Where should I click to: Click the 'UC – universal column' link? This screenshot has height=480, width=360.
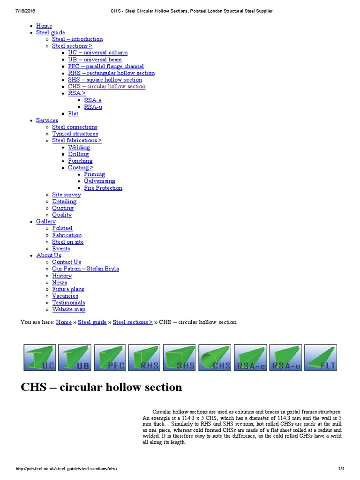coord(97,52)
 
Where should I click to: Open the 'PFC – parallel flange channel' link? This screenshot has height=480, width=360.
coord(105,66)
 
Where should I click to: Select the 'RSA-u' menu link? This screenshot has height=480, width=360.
coord(93,107)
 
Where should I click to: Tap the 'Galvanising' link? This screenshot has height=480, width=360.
coord(99,181)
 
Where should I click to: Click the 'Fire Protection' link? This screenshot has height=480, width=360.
coord(103,188)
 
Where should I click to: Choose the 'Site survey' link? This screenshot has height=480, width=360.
coord(66,195)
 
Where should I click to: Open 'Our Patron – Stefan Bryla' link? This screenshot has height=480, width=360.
coord(85,269)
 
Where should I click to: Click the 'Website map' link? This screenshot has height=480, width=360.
coord(68,309)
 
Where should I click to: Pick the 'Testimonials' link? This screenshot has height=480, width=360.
coord(68,302)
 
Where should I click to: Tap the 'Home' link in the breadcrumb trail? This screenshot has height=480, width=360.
coord(64,322)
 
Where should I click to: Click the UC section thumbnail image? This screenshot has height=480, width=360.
coord(40,358)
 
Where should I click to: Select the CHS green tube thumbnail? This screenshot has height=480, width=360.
coord(215,358)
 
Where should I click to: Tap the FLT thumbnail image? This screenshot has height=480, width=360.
coord(320,358)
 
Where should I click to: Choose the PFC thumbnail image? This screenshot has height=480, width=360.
coord(110,358)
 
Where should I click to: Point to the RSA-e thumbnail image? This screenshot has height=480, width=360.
coord(250,358)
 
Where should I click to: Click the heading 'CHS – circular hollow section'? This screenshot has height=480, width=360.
coord(101,387)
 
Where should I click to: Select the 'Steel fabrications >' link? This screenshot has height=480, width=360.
coord(77,140)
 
